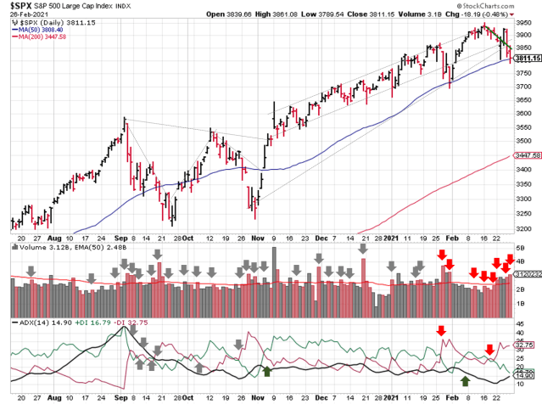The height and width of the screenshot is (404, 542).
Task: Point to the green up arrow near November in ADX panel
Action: coord(266,371)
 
